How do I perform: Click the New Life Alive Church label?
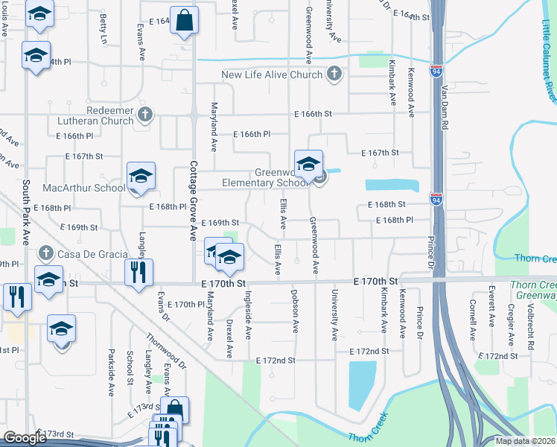(271, 74)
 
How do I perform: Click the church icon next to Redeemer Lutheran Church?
(145, 114)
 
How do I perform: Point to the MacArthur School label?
(83, 188)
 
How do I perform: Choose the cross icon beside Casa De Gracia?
(47, 254)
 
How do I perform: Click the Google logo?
(25, 438)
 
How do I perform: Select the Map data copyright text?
(525, 441)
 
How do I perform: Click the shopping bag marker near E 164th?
(184, 22)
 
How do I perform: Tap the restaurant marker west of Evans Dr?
(139, 273)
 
